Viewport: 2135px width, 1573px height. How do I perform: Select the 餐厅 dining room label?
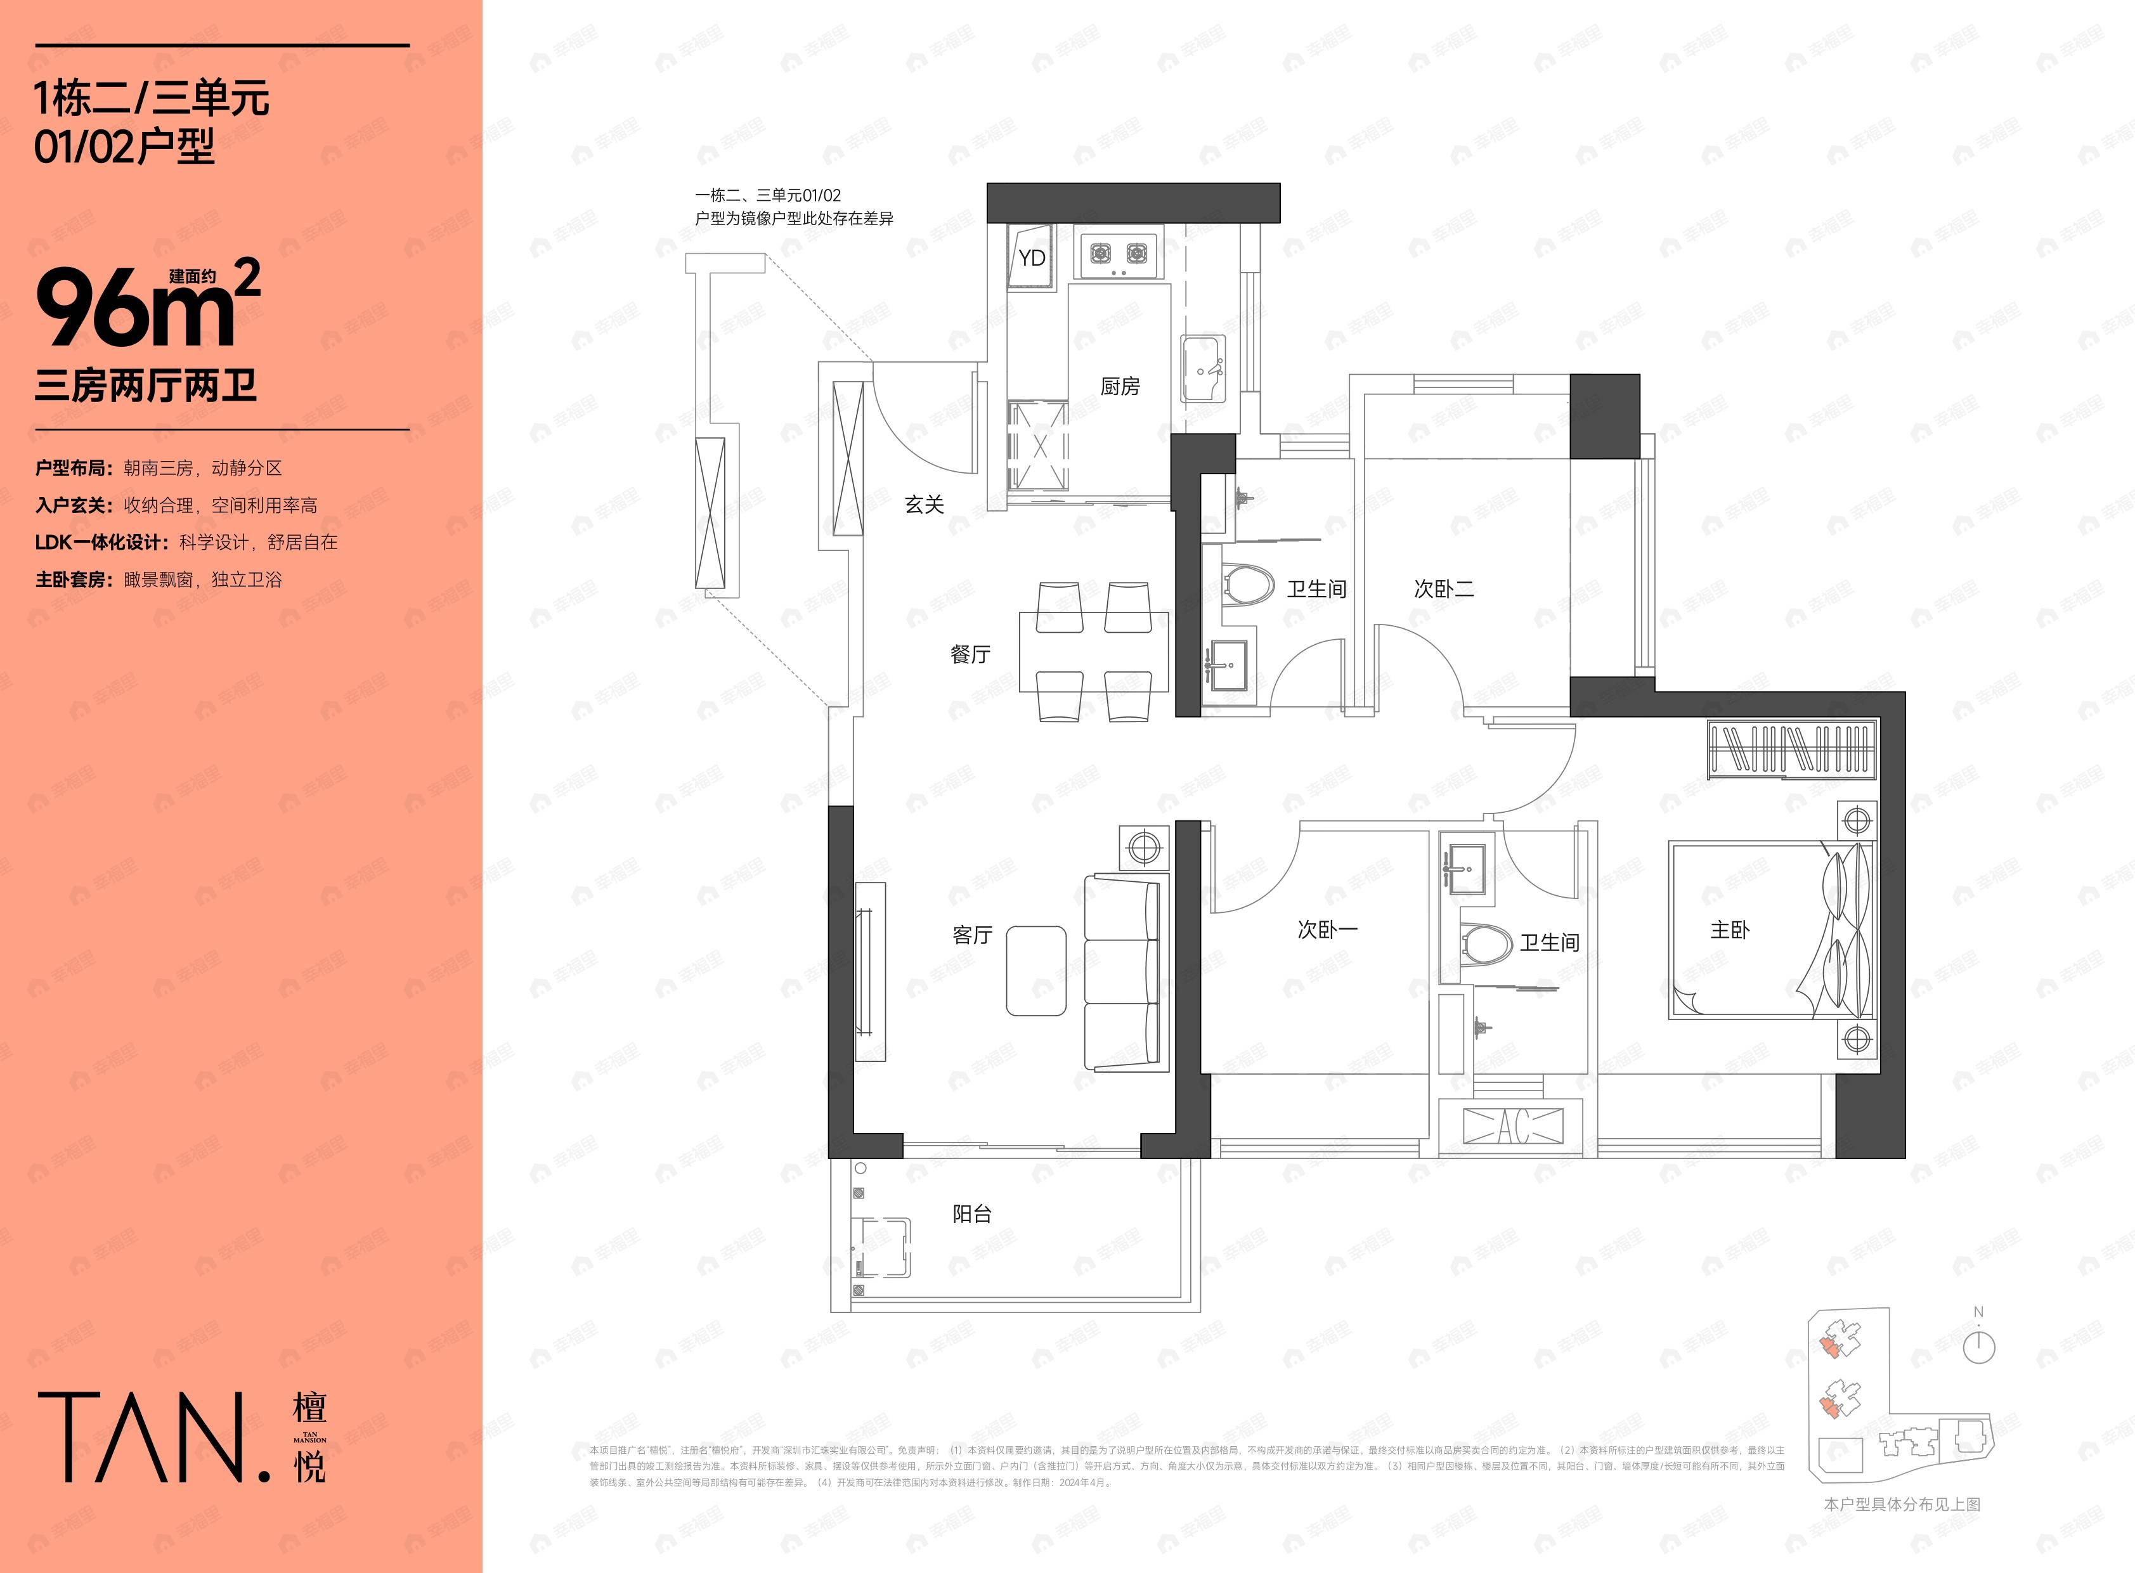pyautogui.click(x=970, y=654)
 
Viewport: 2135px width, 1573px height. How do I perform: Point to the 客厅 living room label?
pyautogui.click(x=971, y=935)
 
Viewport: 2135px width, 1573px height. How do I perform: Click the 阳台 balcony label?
pyautogui.click(x=971, y=1214)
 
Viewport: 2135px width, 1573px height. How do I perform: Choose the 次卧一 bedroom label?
pyautogui.click(x=1327, y=929)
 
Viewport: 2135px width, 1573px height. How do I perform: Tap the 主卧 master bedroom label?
pyautogui.click(x=1729, y=930)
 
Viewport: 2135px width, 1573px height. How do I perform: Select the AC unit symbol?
pyautogui.click(x=1513, y=1127)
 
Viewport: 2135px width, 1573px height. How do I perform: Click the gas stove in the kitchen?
pyautogui.click(x=1118, y=253)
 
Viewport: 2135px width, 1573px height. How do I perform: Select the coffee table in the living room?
pyautogui.click(x=1036, y=970)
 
